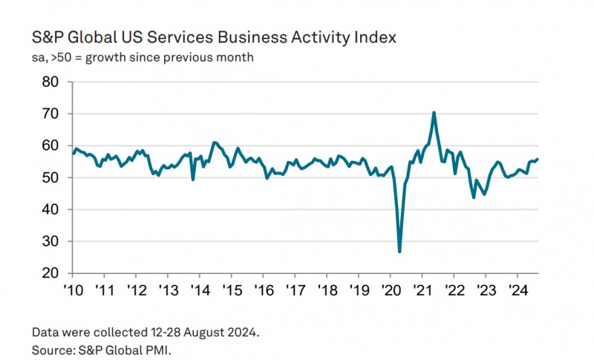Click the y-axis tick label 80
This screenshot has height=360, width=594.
[x=50, y=82]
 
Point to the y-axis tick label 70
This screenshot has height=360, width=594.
[x=50, y=114]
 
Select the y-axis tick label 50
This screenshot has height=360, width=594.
[x=50, y=178]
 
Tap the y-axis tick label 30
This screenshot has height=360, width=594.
[x=50, y=242]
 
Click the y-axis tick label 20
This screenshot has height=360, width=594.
[x=50, y=274]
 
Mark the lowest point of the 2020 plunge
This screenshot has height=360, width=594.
[x=400, y=252]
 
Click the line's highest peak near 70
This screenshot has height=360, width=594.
[x=434, y=113]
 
